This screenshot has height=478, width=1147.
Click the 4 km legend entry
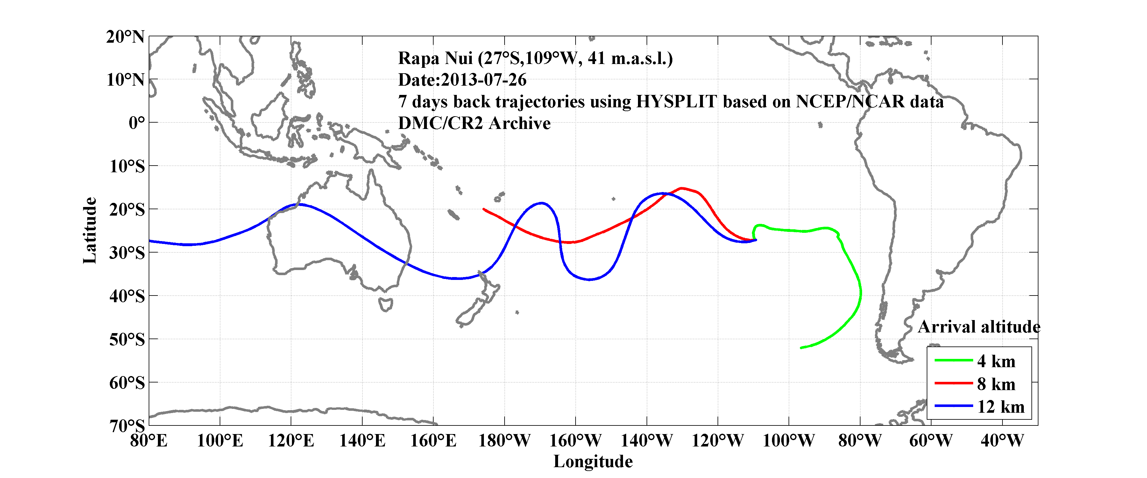996,361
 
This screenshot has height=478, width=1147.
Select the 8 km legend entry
996,384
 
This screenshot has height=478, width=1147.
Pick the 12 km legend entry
1001,407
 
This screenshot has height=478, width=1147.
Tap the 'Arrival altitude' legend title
979,327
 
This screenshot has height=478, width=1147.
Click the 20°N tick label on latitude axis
125,37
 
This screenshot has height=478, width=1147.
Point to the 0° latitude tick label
137,123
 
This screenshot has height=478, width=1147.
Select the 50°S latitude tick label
127,339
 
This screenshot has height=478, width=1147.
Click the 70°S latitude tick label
127,426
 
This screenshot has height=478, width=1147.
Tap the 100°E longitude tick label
220,441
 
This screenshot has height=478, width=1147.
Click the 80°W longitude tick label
860,441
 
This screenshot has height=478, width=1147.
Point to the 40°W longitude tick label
1002,441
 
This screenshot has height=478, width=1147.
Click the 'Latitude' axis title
89,230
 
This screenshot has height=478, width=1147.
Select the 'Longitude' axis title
593,461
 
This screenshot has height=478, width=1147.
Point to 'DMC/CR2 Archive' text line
474,123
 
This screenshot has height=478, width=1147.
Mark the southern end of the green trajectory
801,347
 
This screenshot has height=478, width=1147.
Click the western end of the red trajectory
484,209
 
